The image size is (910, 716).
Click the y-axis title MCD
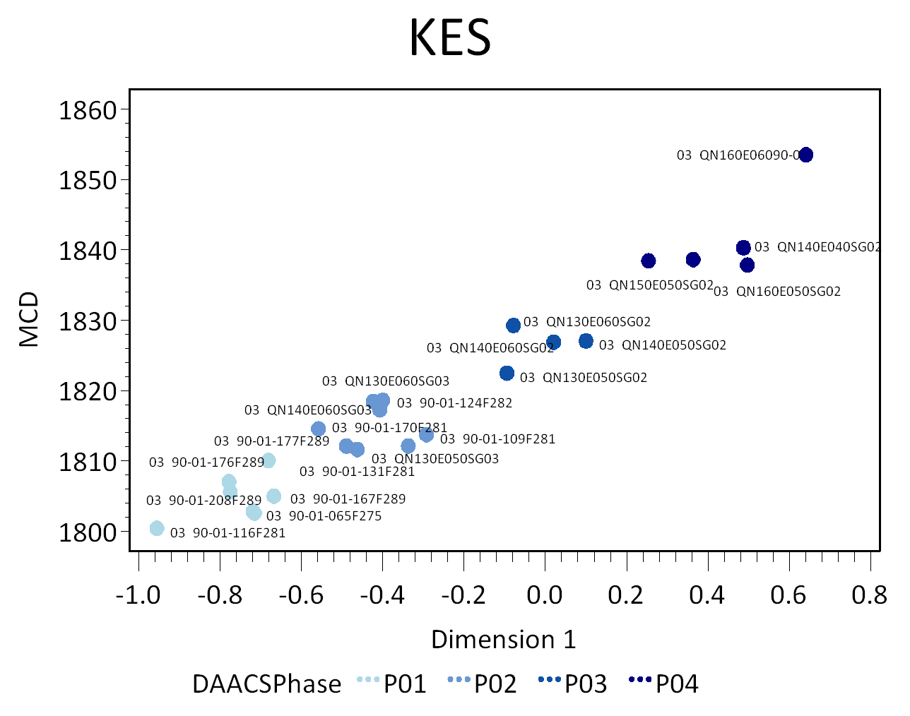[x=29, y=320]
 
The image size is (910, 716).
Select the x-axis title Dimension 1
[x=503, y=640]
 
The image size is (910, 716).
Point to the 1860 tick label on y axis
[x=88, y=111]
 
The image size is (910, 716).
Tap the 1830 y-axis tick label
[x=88, y=321]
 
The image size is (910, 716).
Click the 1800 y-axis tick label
[x=88, y=532]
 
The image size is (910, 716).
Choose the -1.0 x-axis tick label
[x=138, y=596]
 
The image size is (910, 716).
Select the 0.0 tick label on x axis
[x=545, y=596]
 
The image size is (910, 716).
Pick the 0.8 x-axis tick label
[x=869, y=596]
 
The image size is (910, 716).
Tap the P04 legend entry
[x=676, y=684]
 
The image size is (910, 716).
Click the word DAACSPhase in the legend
[x=266, y=684]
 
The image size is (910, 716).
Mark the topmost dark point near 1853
[x=805, y=155]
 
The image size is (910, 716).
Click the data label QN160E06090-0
[x=738, y=155]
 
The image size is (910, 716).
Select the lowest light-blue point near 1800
[x=157, y=528]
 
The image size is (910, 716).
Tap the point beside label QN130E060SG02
[x=514, y=326]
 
